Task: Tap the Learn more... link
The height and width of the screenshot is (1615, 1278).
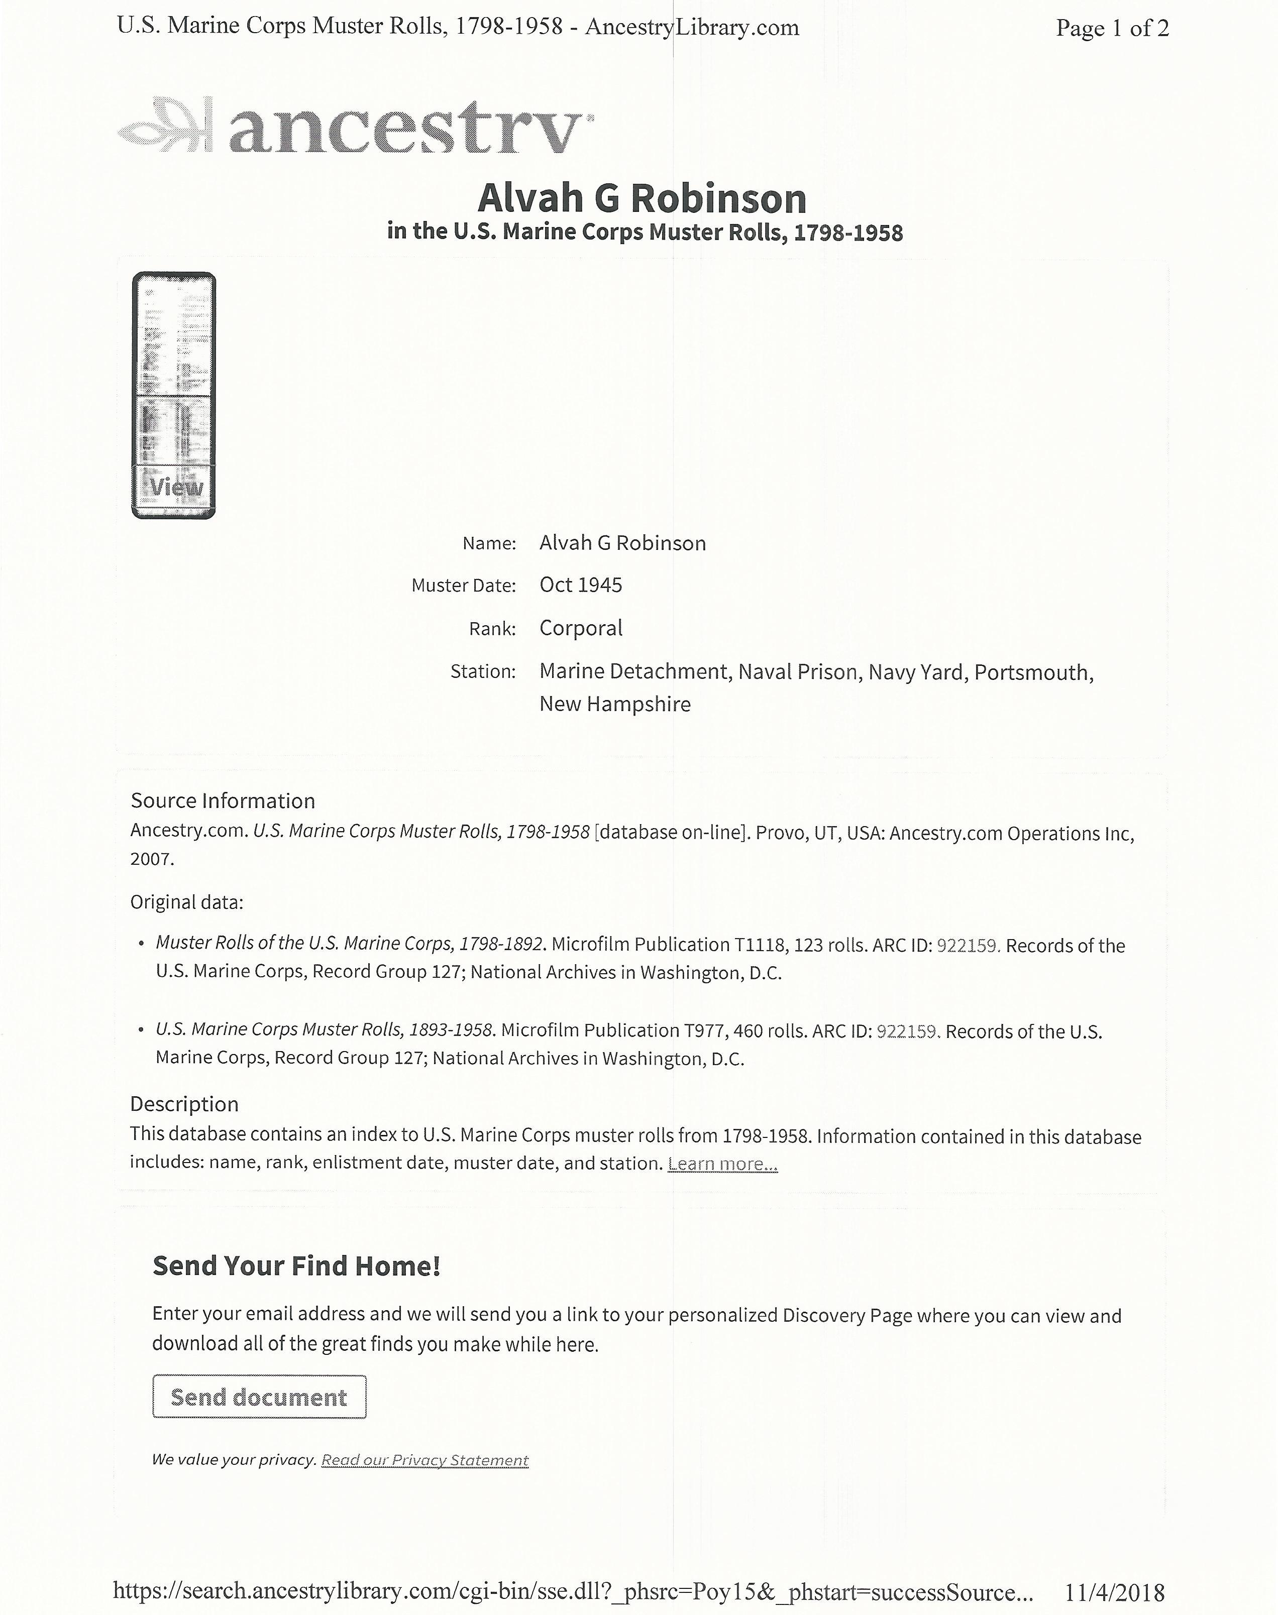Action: tap(722, 1164)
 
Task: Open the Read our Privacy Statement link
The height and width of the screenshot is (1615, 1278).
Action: tap(424, 1460)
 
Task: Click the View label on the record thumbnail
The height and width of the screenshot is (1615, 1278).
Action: tap(176, 487)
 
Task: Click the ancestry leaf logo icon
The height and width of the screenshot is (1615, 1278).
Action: tap(165, 124)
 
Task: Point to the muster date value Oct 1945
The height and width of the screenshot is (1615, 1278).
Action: tap(581, 585)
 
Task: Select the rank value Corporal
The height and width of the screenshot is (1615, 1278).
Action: tap(581, 628)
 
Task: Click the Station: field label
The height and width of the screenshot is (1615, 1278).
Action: tap(483, 672)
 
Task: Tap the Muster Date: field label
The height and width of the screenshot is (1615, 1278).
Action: tap(463, 586)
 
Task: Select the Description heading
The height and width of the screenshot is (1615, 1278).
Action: tap(184, 1104)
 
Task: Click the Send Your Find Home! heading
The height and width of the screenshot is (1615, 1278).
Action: tap(296, 1265)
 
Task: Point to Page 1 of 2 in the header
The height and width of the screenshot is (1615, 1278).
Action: tap(1112, 29)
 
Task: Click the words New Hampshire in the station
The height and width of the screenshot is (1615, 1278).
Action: tap(615, 704)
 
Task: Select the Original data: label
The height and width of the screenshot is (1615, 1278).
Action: tap(186, 902)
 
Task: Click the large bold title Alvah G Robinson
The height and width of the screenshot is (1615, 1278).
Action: tap(642, 199)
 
